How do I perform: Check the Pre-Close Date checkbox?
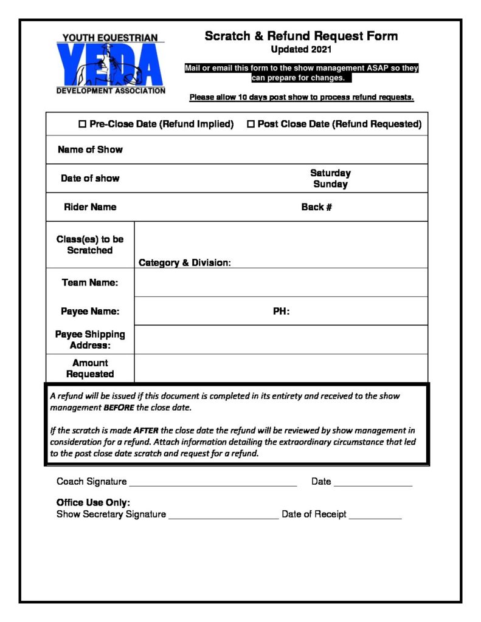coord(83,124)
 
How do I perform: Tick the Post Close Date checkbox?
coord(251,124)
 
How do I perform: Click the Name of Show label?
coord(90,149)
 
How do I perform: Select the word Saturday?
coord(330,173)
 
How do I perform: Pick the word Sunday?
coord(330,184)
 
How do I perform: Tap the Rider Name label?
coord(90,207)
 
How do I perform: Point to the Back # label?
coord(316,207)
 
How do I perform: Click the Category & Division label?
coord(185,263)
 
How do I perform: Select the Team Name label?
coord(90,282)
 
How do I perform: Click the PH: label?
coord(281,312)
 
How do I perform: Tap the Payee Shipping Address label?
coord(90,340)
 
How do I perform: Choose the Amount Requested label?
coord(90,368)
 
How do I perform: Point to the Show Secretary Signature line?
coord(223,518)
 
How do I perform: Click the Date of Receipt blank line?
coord(375,518)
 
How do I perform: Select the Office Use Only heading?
coord(93,503)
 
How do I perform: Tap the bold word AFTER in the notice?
coord(146,431)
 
